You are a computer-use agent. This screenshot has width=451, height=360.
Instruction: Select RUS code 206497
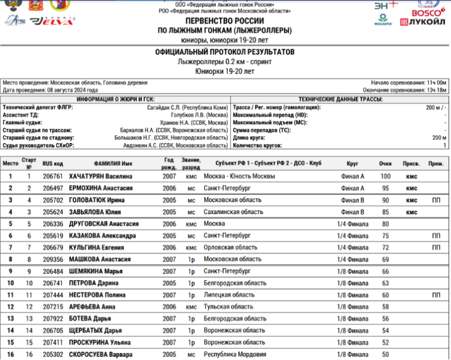52,188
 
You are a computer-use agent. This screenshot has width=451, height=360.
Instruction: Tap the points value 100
385,177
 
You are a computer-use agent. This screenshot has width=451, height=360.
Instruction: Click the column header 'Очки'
385,163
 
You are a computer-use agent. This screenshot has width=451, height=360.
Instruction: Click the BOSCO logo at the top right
428,10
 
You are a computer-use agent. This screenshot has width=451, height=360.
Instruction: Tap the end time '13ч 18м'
434,90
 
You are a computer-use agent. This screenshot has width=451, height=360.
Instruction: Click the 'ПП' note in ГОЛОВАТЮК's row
436,200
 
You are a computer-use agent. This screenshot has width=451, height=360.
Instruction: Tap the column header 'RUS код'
52,163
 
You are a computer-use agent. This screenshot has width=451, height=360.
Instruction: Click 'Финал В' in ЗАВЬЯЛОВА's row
352,212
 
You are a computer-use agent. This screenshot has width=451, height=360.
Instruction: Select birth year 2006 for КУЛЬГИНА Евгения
169,248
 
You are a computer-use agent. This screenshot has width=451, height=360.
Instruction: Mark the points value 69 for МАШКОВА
385,260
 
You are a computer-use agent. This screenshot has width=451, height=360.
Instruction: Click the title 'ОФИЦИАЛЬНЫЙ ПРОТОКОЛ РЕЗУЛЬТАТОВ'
225,52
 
